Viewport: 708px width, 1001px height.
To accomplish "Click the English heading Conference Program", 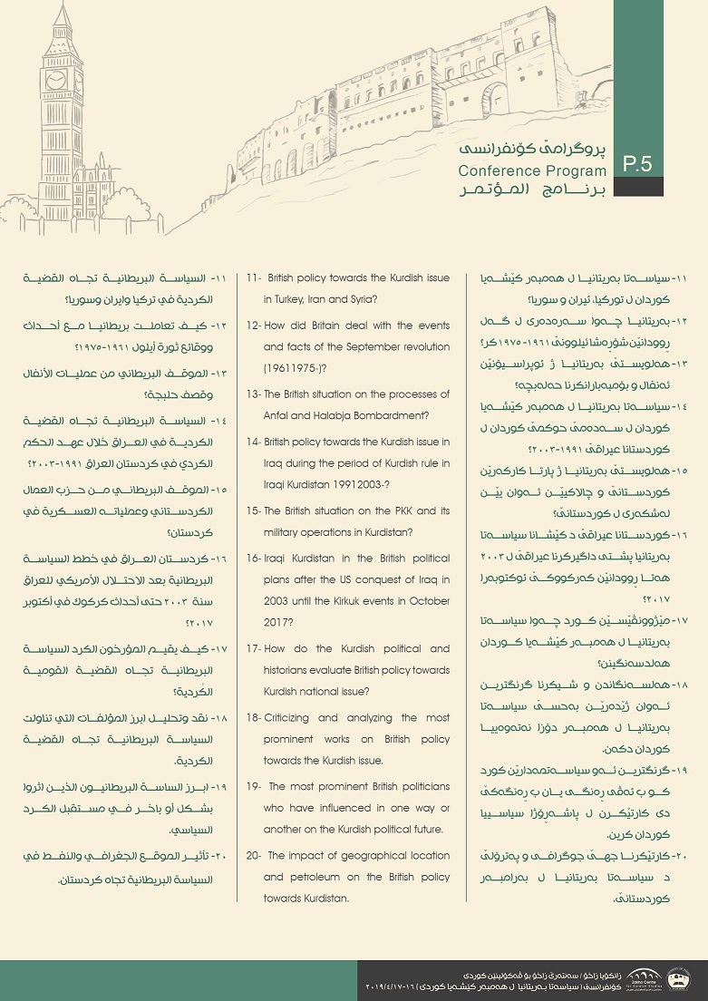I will click(532, 170).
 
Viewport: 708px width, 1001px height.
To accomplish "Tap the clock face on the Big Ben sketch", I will click(55, 80).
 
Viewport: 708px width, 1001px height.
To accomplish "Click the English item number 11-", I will click(254, 277).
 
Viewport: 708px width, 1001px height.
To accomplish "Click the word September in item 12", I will click(325, 346).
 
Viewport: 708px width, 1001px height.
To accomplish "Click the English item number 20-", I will click(254, 855).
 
